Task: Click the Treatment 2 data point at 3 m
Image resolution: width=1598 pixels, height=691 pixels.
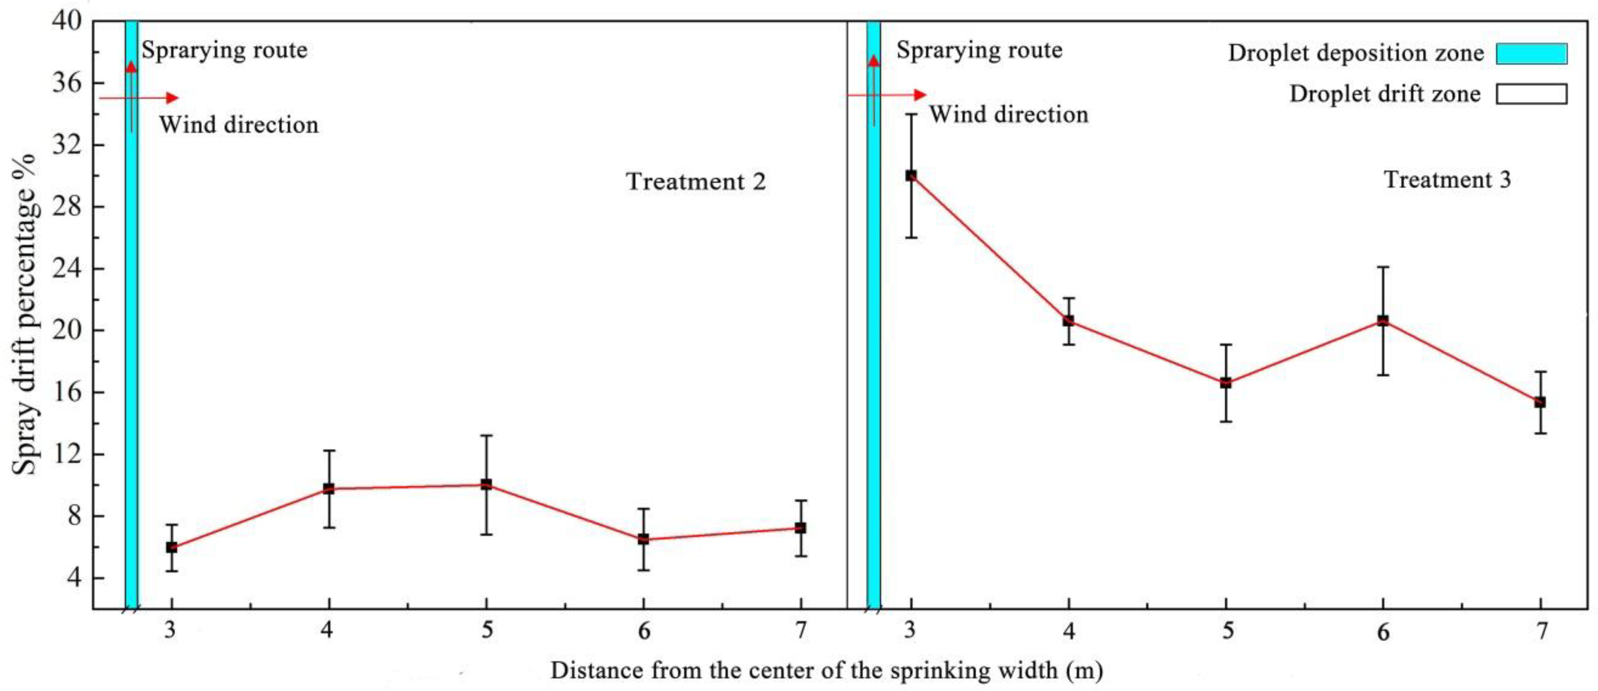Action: point(171,547)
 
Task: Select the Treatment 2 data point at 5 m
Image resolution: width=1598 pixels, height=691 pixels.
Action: point(486,484)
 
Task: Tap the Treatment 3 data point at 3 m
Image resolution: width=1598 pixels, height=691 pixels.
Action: point(911,176)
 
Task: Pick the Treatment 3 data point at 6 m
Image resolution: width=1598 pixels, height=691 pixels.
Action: point(1383,321)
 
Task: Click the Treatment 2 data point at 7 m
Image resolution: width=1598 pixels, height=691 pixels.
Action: point(800,528)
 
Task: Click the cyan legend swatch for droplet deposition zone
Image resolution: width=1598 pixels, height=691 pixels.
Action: point(1532,53)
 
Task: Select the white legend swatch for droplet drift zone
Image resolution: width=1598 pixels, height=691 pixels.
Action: point(1532,94)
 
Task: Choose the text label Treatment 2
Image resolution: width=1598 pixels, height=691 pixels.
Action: point(696,182)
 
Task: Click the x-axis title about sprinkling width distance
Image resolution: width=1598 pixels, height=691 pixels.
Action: point(826,670)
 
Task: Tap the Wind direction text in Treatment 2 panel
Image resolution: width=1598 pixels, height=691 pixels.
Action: point(239,125)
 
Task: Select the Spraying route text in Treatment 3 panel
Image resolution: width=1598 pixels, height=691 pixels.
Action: point(979,50)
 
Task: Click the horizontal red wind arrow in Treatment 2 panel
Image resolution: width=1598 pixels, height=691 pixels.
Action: point(139,98)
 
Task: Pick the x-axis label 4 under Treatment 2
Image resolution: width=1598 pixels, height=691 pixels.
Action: point(328,631)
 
